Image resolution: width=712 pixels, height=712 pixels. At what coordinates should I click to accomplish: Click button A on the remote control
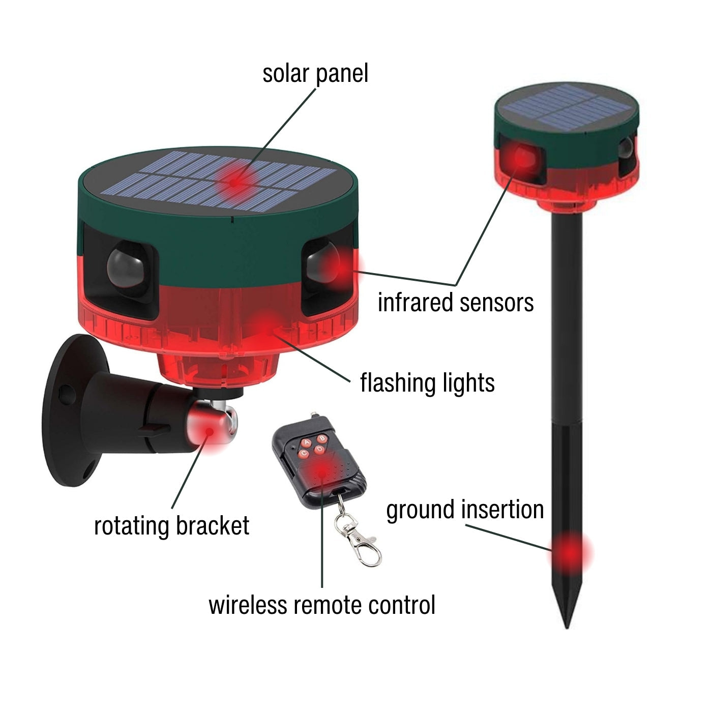coord(307,441)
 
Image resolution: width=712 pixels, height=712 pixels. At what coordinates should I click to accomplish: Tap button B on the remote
coord(322,438)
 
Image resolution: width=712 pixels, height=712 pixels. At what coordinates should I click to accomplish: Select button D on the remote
coord(319,450)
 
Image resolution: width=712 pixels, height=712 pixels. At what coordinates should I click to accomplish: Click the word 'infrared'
coord(416,303)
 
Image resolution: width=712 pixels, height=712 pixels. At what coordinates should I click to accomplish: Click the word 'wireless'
coord(248,605)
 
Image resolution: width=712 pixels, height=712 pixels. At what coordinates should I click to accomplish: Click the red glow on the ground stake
coord(570,552)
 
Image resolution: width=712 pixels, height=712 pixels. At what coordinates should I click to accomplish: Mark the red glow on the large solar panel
coord(234,182)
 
